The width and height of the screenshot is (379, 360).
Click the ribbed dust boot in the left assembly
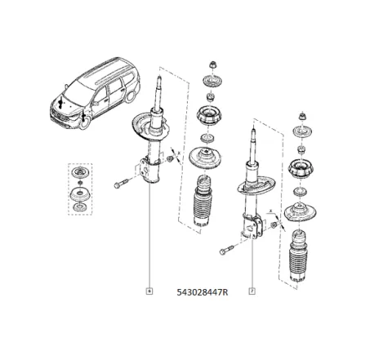pyautogui.click(x=200, y=209)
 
